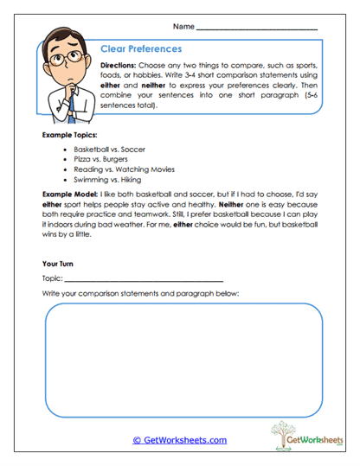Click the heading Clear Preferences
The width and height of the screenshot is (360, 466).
coord(141,49)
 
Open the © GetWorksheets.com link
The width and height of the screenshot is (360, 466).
coord(179,440)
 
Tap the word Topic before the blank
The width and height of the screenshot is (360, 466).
coord(51,278)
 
